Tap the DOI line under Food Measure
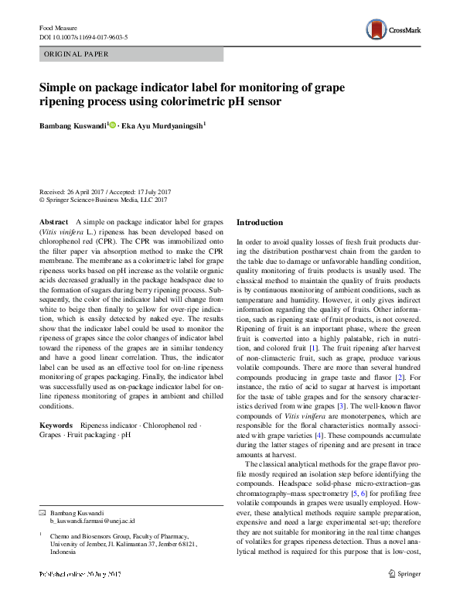(83, 36)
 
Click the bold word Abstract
(53, 222)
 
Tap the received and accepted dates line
(104, 191)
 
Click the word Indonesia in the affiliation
(64, 552)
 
